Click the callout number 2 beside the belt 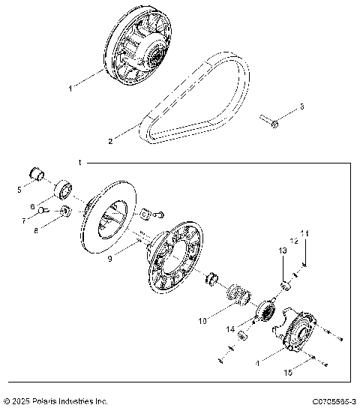point(111,140)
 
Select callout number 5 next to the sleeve point(19,189)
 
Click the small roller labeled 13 point(284,286)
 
